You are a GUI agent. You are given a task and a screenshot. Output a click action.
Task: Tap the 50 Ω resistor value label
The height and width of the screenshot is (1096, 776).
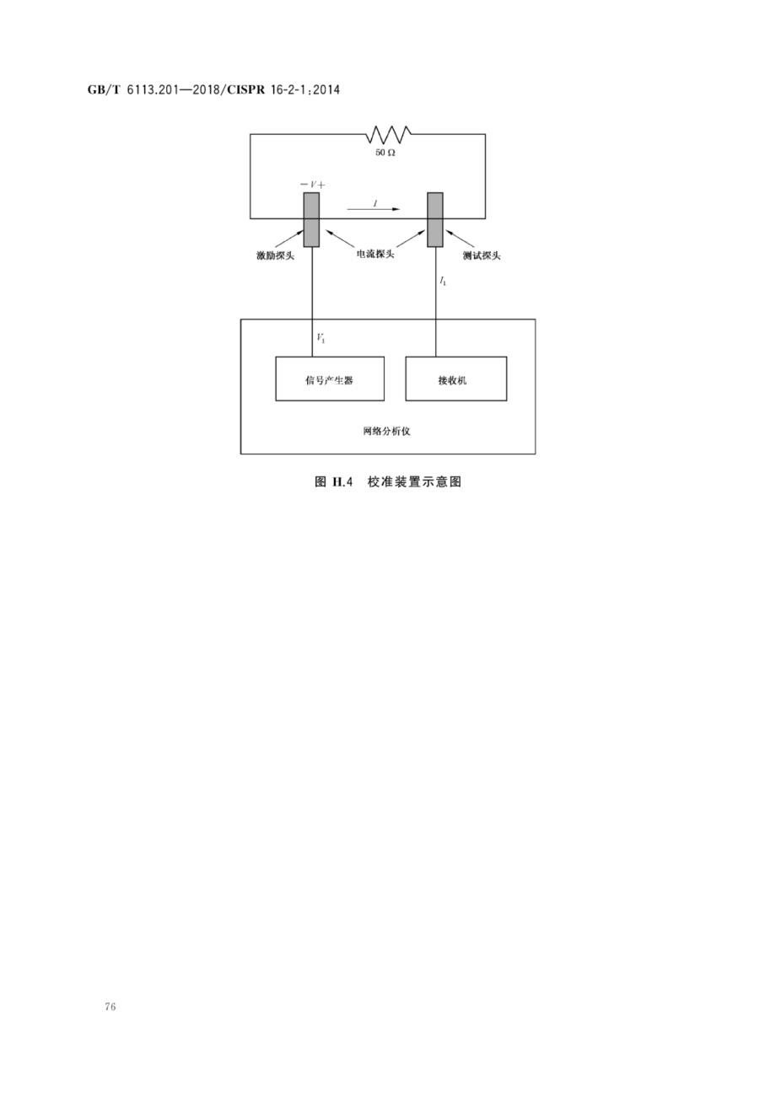[385, 153]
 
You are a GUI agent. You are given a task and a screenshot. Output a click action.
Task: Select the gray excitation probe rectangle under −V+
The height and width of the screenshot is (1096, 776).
[311, 220]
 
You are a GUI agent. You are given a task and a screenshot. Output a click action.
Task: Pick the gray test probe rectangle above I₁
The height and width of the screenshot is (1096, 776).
[435, 220]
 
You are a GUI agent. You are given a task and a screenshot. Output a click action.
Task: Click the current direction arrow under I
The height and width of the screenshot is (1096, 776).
[373, 209]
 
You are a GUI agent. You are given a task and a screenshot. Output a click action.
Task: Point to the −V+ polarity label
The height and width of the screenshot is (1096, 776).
[312, 185]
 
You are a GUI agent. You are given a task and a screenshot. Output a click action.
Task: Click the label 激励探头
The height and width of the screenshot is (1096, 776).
[275, 255]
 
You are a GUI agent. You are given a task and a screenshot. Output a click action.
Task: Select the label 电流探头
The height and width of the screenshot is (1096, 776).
[375, 254]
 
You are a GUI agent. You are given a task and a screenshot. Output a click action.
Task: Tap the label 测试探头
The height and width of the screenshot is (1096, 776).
[482, 255]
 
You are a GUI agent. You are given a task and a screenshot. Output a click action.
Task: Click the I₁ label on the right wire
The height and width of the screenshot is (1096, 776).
[443, 281]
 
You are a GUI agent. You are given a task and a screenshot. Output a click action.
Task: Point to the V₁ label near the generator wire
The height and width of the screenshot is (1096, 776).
[321, 337]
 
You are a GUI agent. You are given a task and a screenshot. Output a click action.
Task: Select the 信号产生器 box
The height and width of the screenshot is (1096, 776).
[330, 379]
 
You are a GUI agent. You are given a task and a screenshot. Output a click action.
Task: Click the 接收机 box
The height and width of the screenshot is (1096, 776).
[456, 379]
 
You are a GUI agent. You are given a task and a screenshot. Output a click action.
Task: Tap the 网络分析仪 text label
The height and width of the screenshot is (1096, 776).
[386, 431]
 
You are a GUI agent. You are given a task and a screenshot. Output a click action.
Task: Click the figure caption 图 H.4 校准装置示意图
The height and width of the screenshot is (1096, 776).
[388, 482]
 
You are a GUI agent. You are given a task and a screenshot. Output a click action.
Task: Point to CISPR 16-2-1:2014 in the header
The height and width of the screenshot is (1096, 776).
[283, 90]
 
